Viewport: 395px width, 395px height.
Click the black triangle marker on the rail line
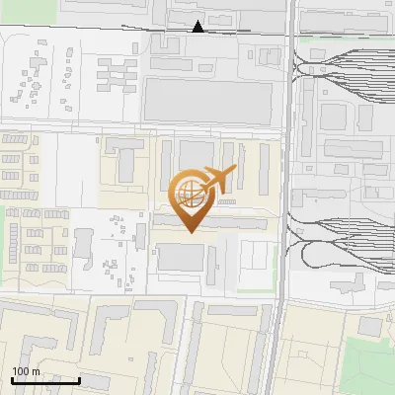198,27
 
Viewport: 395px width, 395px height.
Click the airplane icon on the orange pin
215,180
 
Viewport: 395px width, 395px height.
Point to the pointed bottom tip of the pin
190,232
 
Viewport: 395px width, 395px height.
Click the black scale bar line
45,379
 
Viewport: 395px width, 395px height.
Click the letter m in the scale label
37,371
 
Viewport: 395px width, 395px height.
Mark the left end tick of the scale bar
12,377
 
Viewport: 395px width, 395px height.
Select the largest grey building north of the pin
208,100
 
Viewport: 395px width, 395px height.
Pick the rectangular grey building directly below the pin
180,258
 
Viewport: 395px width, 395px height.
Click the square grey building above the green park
369,327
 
